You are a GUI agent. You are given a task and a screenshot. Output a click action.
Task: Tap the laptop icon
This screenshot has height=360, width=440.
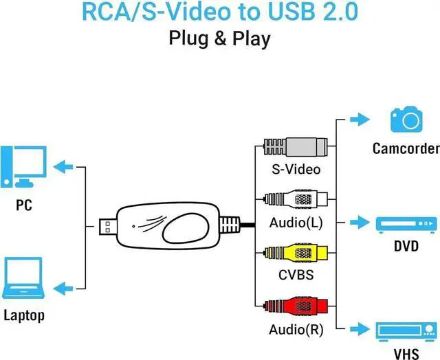tap(23, 280)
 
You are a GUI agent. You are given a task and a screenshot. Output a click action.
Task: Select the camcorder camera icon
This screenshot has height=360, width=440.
tap(405, 120)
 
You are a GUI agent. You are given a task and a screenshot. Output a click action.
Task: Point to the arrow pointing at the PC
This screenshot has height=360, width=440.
tap(65, 166)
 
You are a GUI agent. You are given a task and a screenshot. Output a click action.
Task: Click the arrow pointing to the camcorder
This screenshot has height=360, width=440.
tap(358, 119)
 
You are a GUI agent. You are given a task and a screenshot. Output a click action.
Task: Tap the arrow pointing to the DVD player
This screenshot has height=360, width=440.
tap(358, 223)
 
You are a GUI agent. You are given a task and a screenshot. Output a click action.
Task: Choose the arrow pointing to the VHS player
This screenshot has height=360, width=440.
tap(358, 328)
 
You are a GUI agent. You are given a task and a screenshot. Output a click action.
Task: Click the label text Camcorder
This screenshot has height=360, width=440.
tap(405, 148)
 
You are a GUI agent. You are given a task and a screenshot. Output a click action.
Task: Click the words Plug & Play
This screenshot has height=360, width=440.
tap(219, 38)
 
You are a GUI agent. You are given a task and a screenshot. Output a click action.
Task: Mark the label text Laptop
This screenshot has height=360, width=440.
tap(23, 315)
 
